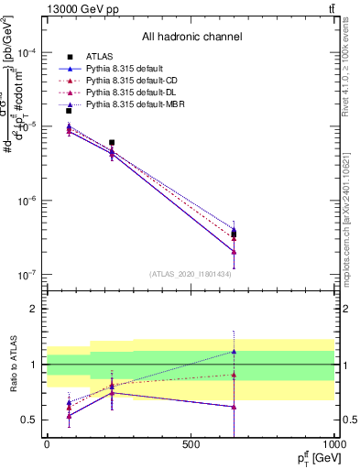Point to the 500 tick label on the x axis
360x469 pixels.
click(x=191, y=444)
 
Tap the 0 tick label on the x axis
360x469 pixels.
click(x=47, y=444)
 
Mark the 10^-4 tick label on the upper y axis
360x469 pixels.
click(x=27, y=52)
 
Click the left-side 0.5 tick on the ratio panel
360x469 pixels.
click(x=30, y=420)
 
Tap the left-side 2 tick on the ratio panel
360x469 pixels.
click(x=33, y=309)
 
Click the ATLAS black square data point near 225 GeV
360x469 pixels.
click(x=112, y=143)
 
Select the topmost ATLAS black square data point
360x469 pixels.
click(x=69, y=111)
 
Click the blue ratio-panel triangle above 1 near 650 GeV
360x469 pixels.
click(x=235, y=352)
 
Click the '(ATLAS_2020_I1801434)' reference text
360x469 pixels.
click(x=191, y=273)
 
